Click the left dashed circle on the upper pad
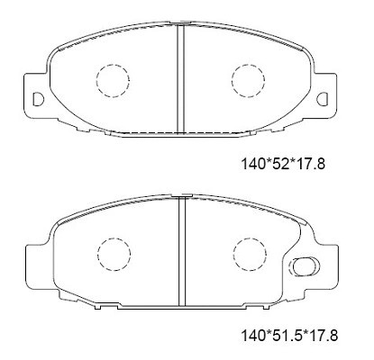(x=112, y=80)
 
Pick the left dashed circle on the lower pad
(x=113, y=252)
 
